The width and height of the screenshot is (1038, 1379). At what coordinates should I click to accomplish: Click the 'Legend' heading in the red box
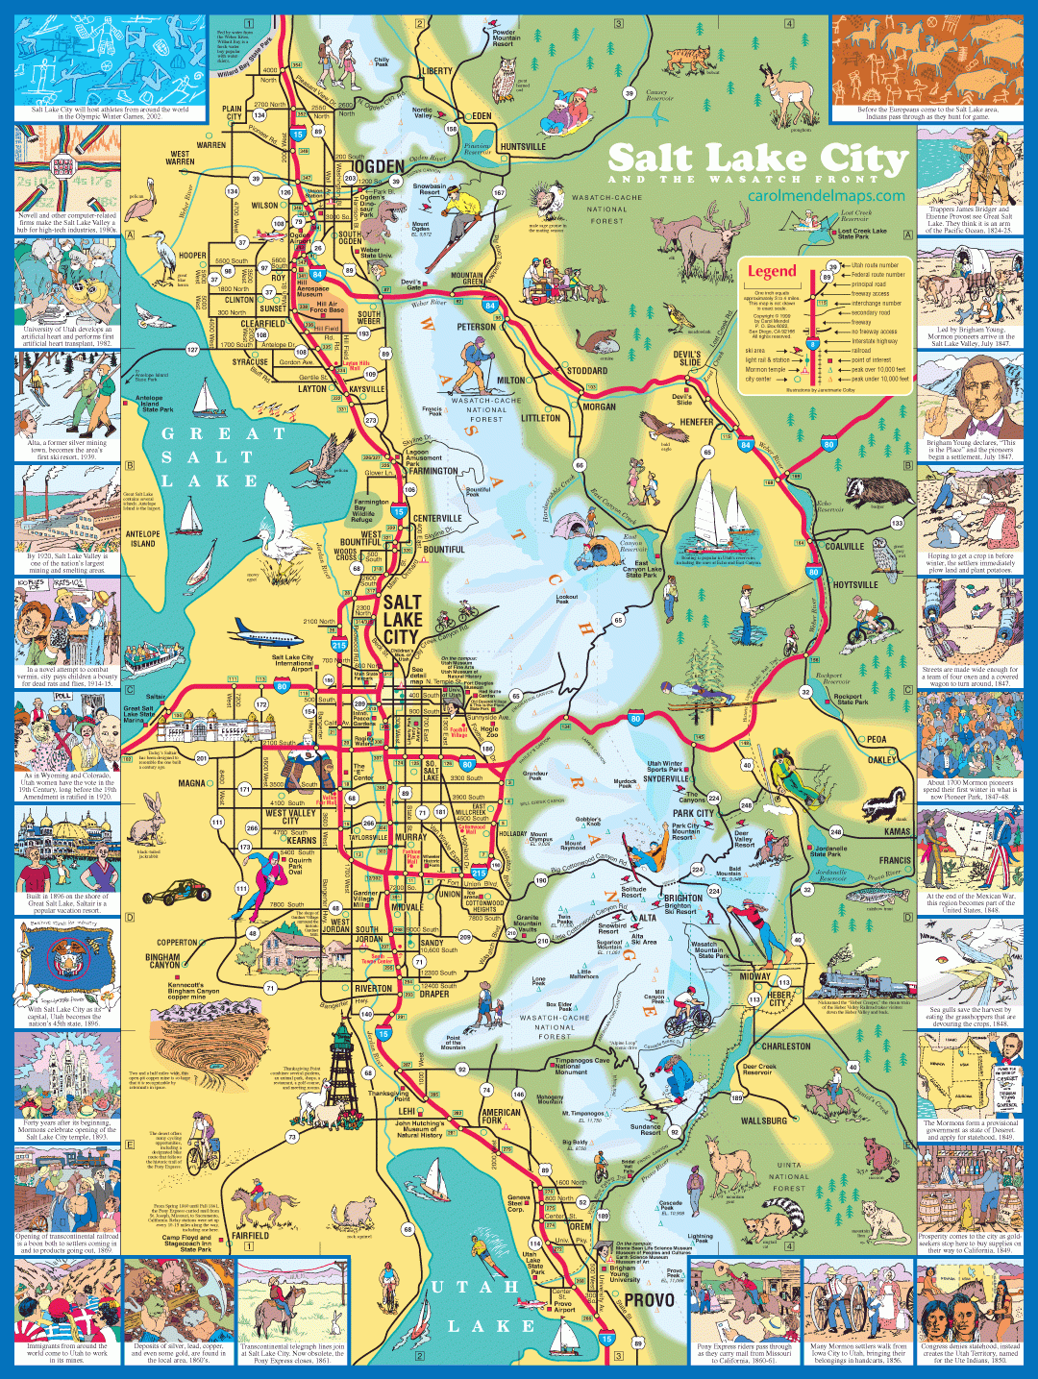pyautogui.click(x=772, y=271)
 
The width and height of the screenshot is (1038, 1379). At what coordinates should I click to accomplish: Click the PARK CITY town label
pyautogui.click(x=692, y=813)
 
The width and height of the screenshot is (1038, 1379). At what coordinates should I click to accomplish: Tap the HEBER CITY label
pyautogui.click(x=778, y=998)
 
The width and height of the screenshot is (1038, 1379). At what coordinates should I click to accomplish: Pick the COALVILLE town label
pyautogui.click(x=844, y=546)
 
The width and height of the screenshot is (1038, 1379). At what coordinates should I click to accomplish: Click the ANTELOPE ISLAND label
pyautogui.click(x=142, y=538)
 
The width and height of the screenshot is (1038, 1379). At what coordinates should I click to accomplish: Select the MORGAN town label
pyautogui.click(x=599, y=406)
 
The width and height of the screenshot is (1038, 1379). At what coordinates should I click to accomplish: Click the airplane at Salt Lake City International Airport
pyautogui.click(x=266, y=634)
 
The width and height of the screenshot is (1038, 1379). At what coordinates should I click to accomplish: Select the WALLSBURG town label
pyautogui.click(x=763, y=1120)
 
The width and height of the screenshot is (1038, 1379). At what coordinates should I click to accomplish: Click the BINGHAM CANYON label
pyautogui.click(x=162, y=960)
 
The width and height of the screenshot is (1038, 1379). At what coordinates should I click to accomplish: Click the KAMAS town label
pyautogui.click(x=897, y=831)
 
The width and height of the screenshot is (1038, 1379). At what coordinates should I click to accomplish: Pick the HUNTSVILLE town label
pyautogui.click(x=523, y=147)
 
